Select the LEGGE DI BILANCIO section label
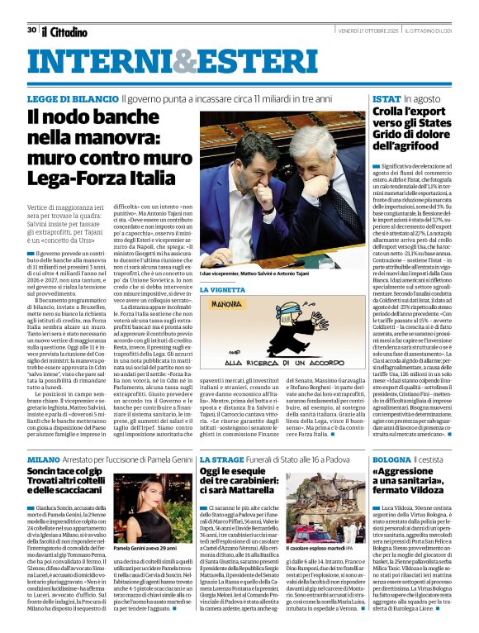(73, 98)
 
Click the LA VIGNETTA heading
(223, 290)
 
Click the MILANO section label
(43, 458)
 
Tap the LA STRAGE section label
(221, 458)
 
